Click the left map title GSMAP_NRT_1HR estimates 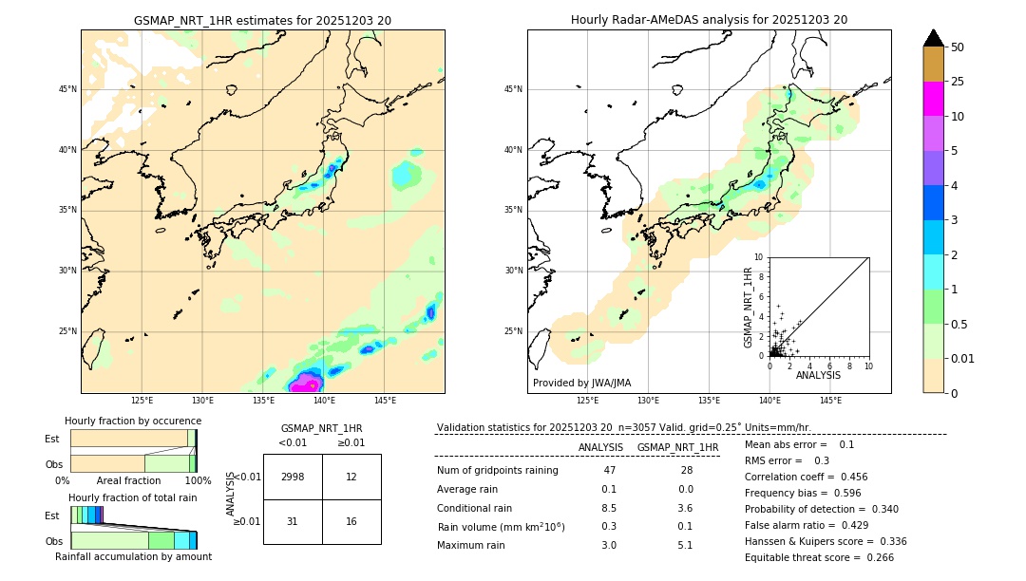tap(262, 20)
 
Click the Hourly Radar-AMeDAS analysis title tap(709, 20)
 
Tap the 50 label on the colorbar tap(958, 47)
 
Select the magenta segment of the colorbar tap(933, 99)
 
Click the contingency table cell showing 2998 tap(293, 478)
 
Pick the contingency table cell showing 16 tap(351, 521)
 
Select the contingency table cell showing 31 tap(293, 521)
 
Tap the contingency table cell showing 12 tap(351, 478)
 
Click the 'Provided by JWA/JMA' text tap(581, 383)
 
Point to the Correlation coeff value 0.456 tap(846, 477)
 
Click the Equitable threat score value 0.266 tap(867, 557)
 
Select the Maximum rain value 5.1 tap(684, 545)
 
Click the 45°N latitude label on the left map tap(67, 89)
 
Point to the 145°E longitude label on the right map tap(830, 402)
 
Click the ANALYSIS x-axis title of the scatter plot tap(818, 375)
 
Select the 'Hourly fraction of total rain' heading tap(132, 497)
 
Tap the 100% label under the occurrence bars tap(198, 480)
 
